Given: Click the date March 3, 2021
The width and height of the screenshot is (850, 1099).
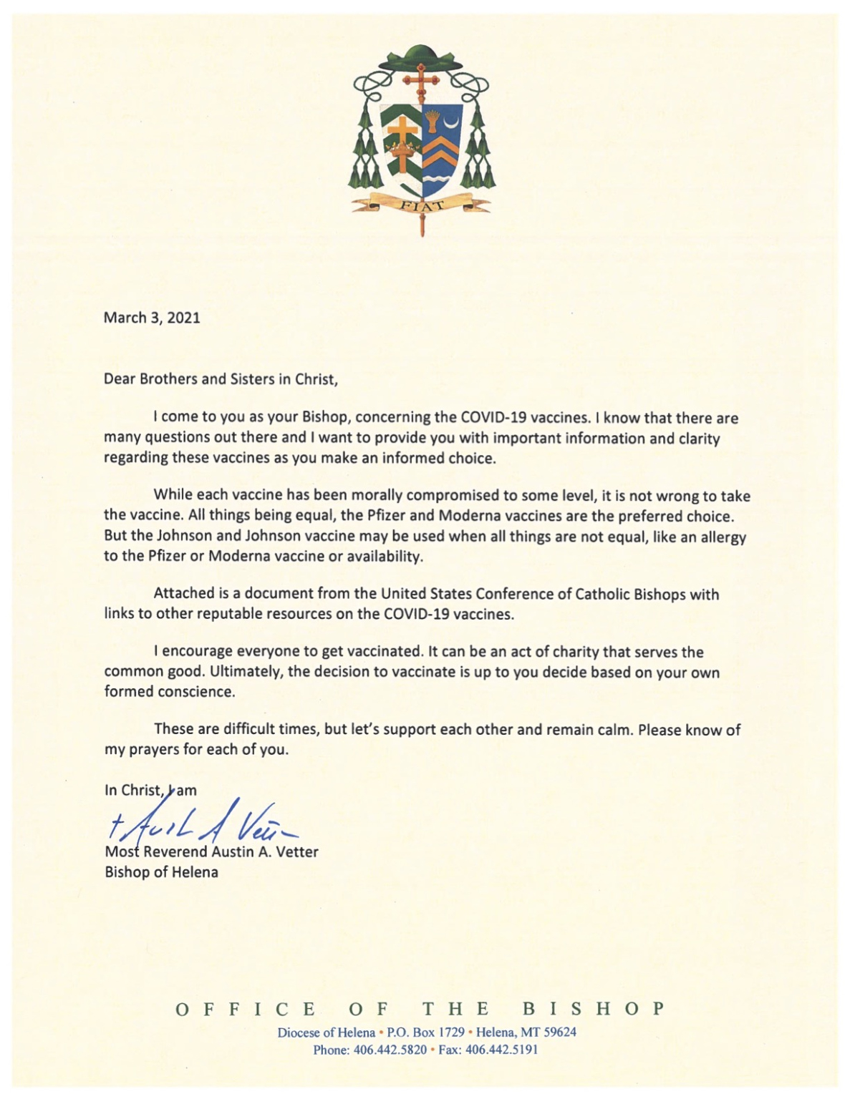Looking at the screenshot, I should [152, 318].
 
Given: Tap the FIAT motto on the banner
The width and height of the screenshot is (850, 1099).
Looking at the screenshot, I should [422, 206].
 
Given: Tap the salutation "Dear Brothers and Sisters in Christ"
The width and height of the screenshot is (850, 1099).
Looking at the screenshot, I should [221, 379].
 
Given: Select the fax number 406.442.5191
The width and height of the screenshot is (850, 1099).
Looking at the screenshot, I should [501, 1050].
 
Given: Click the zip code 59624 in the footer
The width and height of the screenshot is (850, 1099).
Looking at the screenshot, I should [559, 1032].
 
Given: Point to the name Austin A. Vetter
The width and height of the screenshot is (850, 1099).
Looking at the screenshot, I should [265, 852].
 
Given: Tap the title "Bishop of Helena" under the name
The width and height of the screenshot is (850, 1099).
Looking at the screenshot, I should [161, 872].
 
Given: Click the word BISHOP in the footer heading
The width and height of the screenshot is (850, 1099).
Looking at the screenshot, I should [594, 1009].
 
